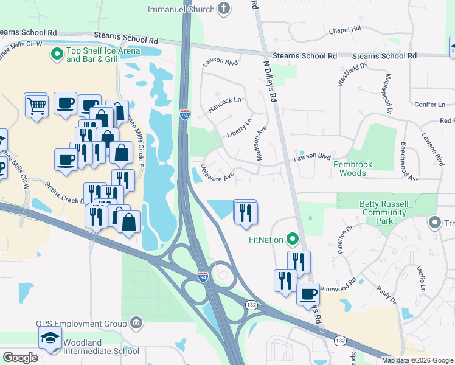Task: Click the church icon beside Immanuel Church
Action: (x=224, y=9)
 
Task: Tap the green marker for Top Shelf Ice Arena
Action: (x=57, y=55)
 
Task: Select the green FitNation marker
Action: (x=292, y=239)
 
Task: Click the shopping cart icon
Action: (x=36, y=106)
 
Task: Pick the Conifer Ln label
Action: (x=430, y=105)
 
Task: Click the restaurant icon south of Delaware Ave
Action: (x=246, y=212)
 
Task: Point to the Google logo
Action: (x=21, y=357)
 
